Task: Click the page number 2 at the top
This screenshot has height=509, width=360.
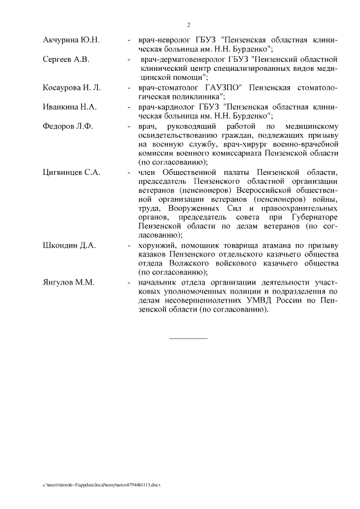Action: (x=188, y=25)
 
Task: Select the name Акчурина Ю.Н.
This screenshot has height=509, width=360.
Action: (x=71, y=40)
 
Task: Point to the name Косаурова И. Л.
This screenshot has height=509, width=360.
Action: (x=72, y=87)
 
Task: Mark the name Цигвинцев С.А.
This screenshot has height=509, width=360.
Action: (x=71, y=172)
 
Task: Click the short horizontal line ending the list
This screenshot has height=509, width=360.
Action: (x=188, y=338)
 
